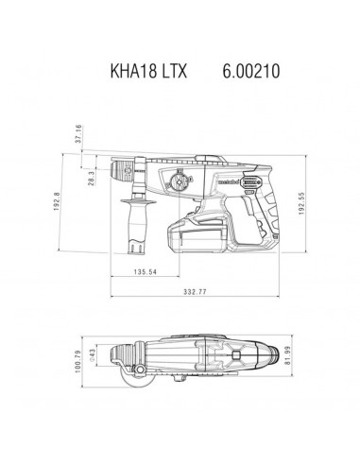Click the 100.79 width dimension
pyautogui.click(x=79, y=364)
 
